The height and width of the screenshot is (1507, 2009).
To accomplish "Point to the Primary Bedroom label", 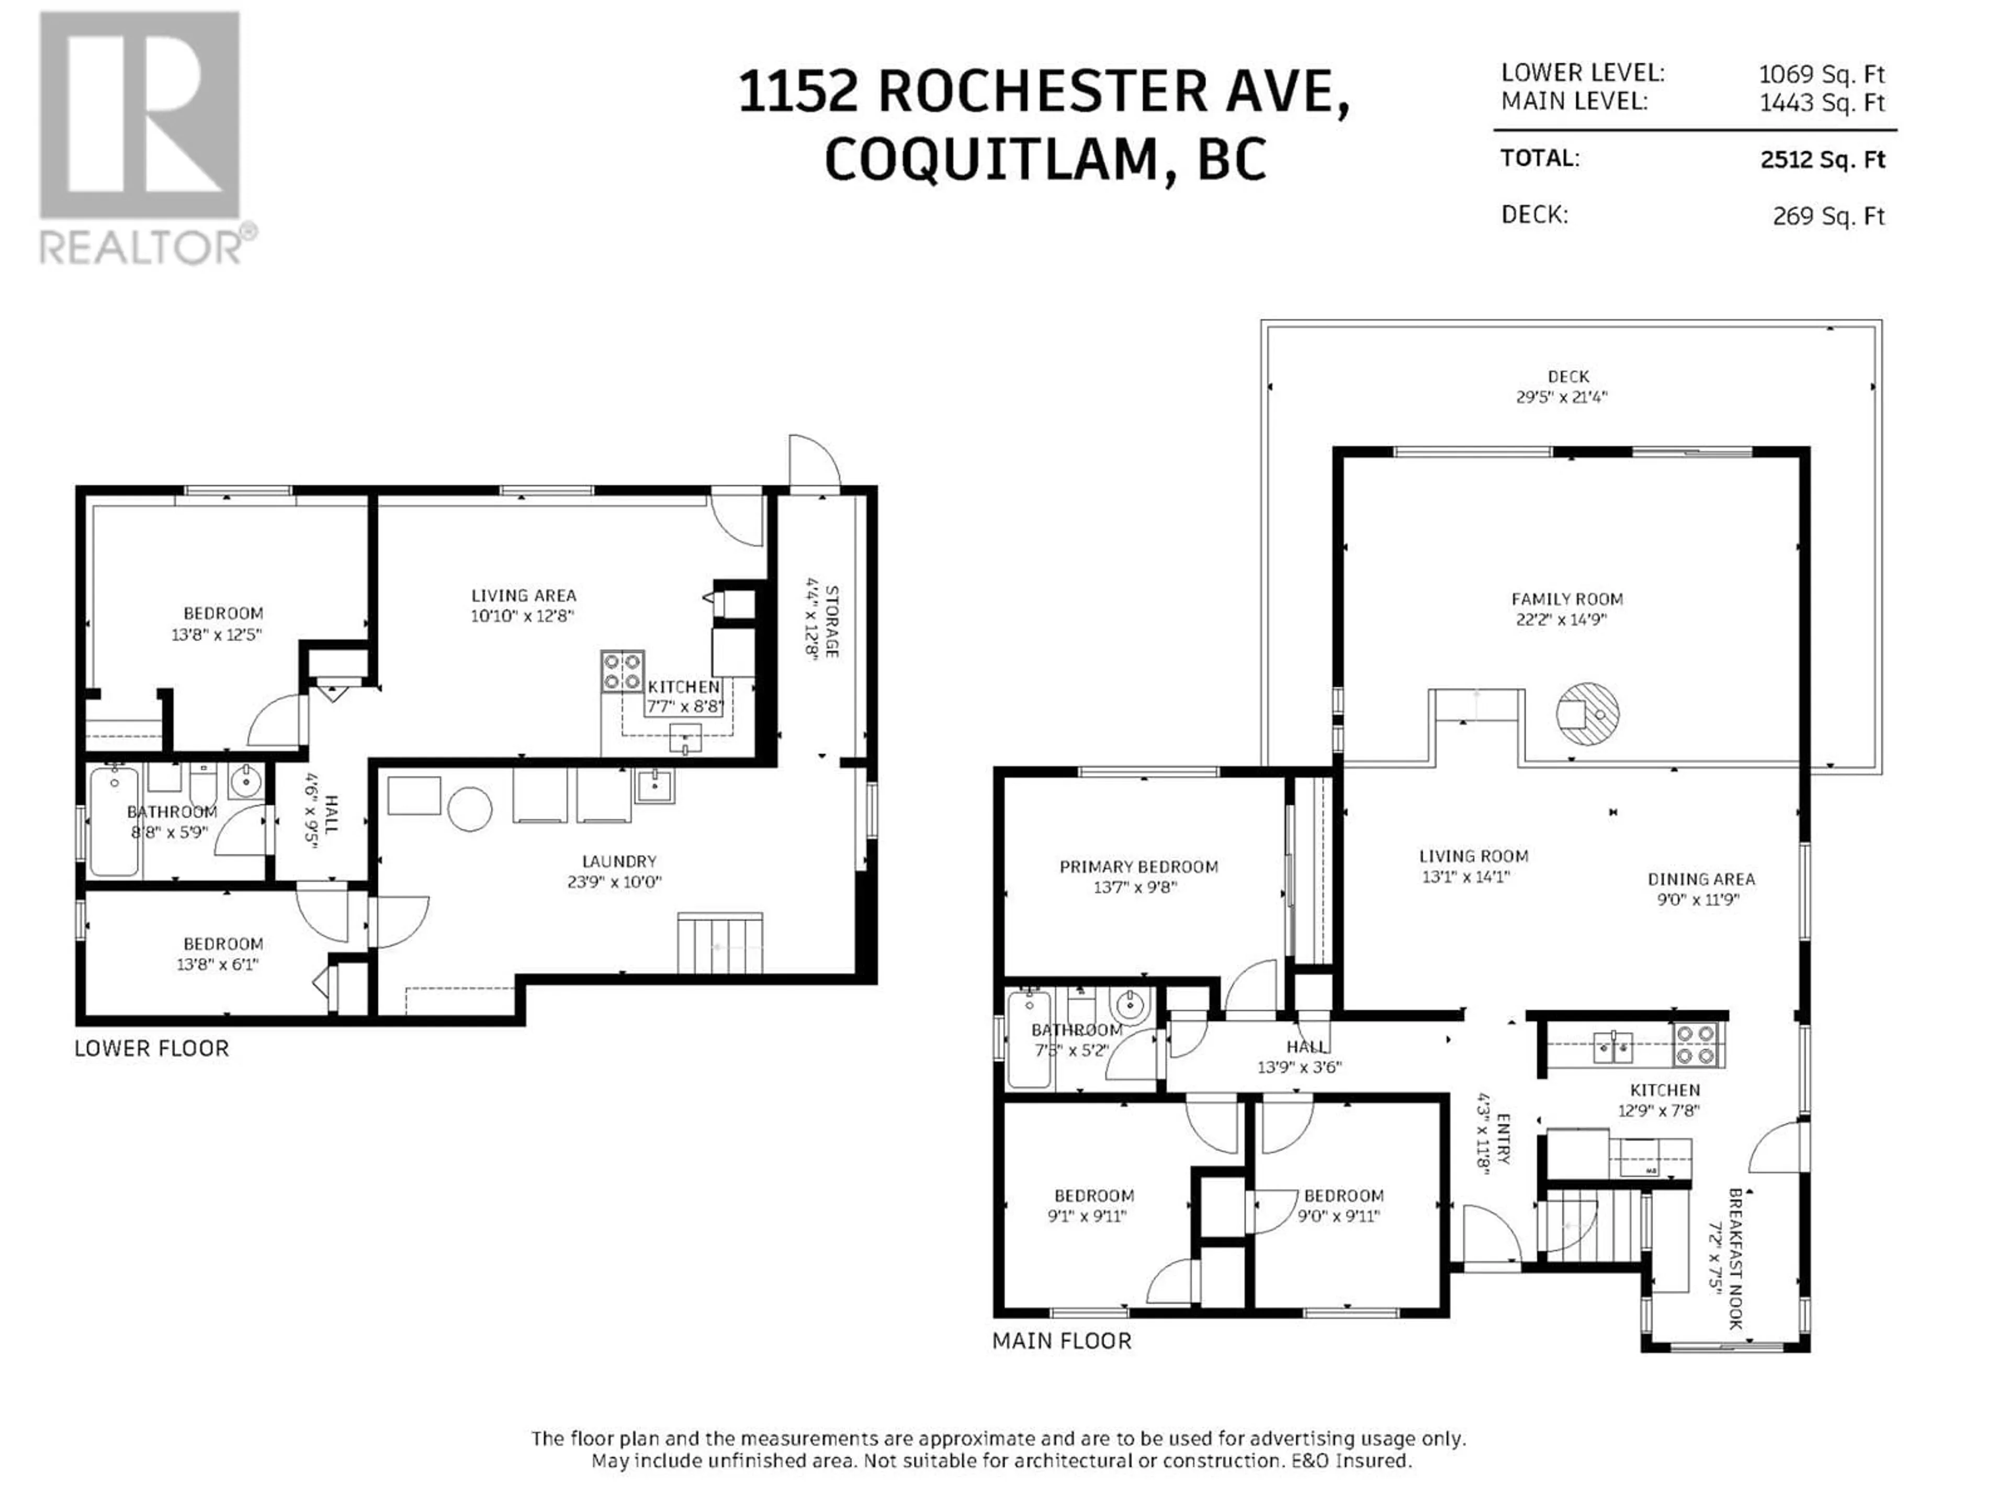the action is [x=1139, y=867].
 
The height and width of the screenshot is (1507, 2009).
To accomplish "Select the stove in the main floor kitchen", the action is [x=1696, y=1044].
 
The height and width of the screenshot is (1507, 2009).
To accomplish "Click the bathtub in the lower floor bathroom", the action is [x=115, y=821].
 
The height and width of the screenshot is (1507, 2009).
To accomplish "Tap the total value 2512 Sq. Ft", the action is [x=1822, y=160].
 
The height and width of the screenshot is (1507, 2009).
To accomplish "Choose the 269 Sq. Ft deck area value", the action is [x=1829, y=216].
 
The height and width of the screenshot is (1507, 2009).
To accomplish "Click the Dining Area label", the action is [x=1701, y=879].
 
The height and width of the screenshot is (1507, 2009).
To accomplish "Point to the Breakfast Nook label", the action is [x=1735, y=1259].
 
